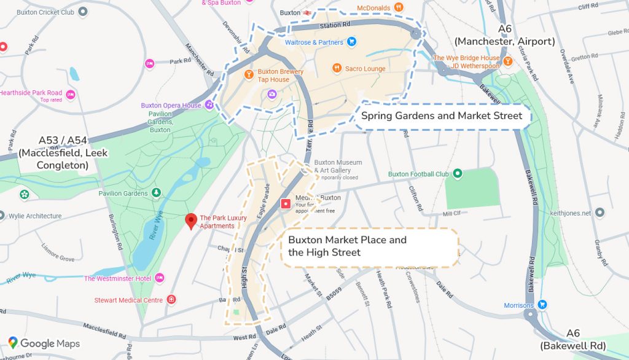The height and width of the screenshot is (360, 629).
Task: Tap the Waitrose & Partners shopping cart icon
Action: click(x=352, y=42)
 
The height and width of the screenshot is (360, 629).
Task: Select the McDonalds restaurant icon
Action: click(x=399, y=7)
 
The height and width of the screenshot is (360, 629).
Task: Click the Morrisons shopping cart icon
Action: click(x=542, y=305)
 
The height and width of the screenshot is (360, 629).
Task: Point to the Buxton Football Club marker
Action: click(x=457, y=174)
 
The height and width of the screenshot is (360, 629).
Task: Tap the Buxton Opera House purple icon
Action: click(x=209, y=105)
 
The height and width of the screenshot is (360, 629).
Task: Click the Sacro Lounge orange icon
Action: click(x=337, y=68)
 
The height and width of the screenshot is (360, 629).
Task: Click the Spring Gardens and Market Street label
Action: click(x=441, y=115)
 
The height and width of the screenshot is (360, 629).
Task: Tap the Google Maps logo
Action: click(x=44, y=343)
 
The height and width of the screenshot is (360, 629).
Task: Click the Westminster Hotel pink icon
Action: click(x=160, y=278)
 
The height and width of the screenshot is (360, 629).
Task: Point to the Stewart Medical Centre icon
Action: click(x=171, y=300)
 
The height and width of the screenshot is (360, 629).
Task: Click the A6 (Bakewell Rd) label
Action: click(x=572, y=339)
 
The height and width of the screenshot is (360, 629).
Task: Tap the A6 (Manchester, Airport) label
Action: click(x=504, y=36)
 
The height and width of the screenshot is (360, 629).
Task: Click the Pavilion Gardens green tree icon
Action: click(x=156, y=193)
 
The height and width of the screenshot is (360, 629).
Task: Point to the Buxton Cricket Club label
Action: click(x=47, y=12)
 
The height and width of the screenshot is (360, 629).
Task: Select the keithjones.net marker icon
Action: click(x=601, y=213)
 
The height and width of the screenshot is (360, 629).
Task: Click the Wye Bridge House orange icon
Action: click(x=507, y=58)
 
